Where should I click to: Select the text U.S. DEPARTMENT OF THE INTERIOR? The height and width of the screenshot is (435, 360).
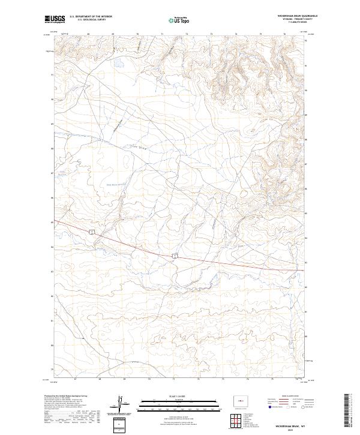[90, 17]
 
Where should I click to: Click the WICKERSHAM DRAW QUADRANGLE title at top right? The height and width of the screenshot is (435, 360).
[292, 16]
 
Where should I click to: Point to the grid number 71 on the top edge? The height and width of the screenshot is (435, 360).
[163, 34]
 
